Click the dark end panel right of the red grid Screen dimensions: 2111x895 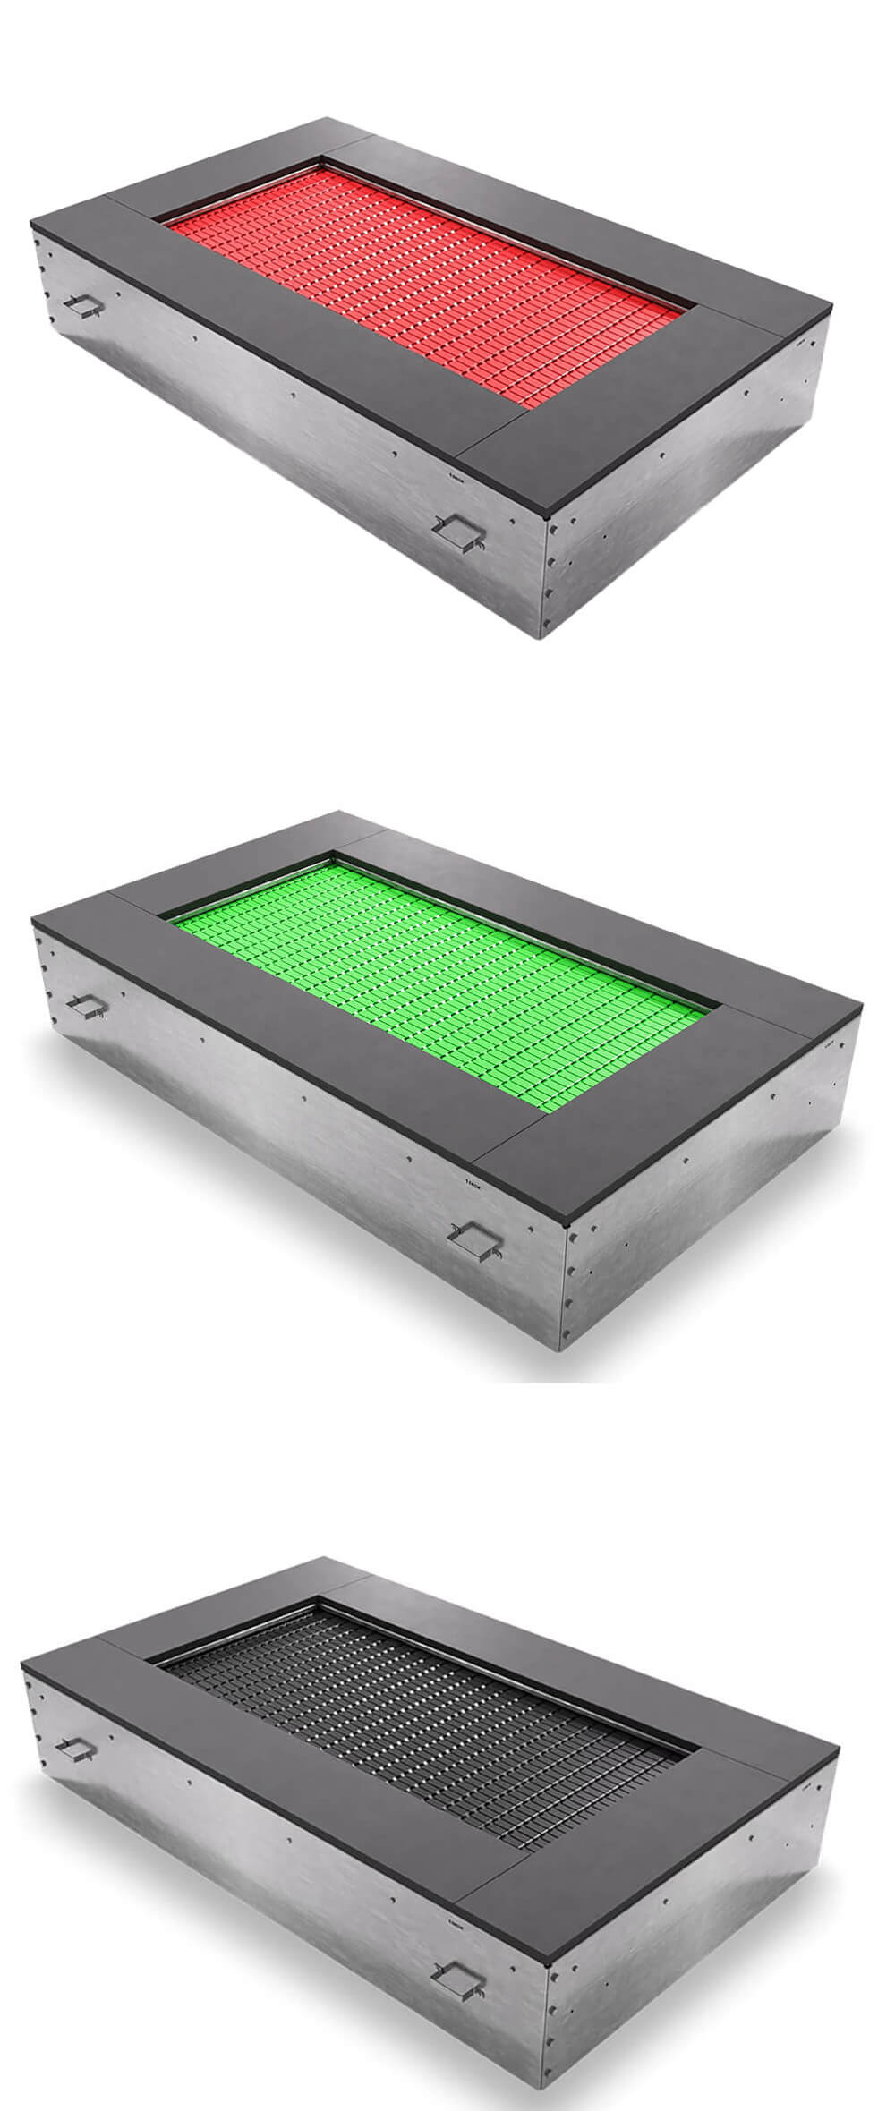(x=644, y=412)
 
